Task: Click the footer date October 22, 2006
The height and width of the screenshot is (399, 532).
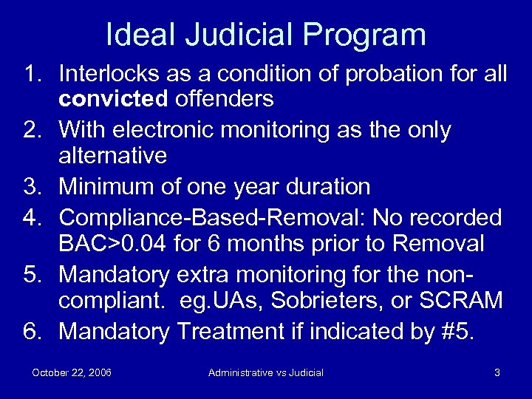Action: tap(72, 372)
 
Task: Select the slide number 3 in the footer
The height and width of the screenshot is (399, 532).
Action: tap(497, 372)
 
